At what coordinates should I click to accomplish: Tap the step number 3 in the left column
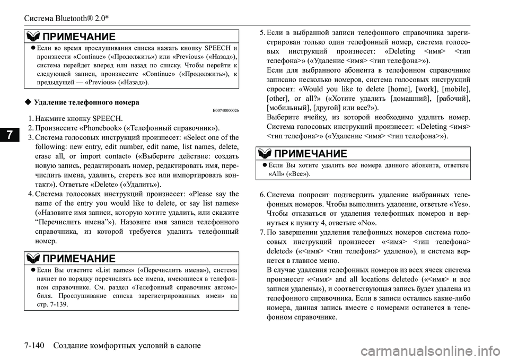(30, 138)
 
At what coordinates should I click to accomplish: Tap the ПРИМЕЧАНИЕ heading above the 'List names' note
(79, 258)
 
